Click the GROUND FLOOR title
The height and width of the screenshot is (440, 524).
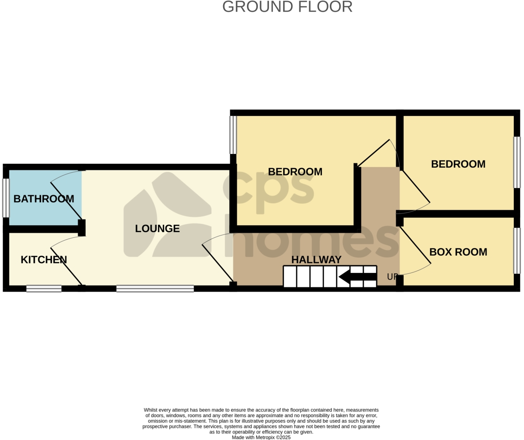287,7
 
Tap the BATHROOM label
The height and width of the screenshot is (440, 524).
44,198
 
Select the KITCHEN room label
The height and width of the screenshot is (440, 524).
44,259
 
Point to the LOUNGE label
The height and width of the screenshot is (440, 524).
157,228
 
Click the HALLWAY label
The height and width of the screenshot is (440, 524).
316,259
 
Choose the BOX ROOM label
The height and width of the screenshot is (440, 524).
458,252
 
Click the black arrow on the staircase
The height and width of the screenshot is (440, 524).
357,277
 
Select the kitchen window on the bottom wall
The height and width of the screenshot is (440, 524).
44,288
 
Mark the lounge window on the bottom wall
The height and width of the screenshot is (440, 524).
155,288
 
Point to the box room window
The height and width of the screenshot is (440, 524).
517,251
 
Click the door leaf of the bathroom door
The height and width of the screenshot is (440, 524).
66,201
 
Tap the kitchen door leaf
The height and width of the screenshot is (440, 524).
66,266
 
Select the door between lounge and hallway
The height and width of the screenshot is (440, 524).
218,264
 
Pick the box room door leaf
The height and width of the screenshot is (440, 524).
415,245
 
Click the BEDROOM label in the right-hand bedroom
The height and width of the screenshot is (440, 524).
458,164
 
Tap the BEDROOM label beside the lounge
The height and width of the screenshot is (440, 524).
295,171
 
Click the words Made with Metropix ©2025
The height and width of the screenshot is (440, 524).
262,437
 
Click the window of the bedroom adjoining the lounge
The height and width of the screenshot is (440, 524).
233,135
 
